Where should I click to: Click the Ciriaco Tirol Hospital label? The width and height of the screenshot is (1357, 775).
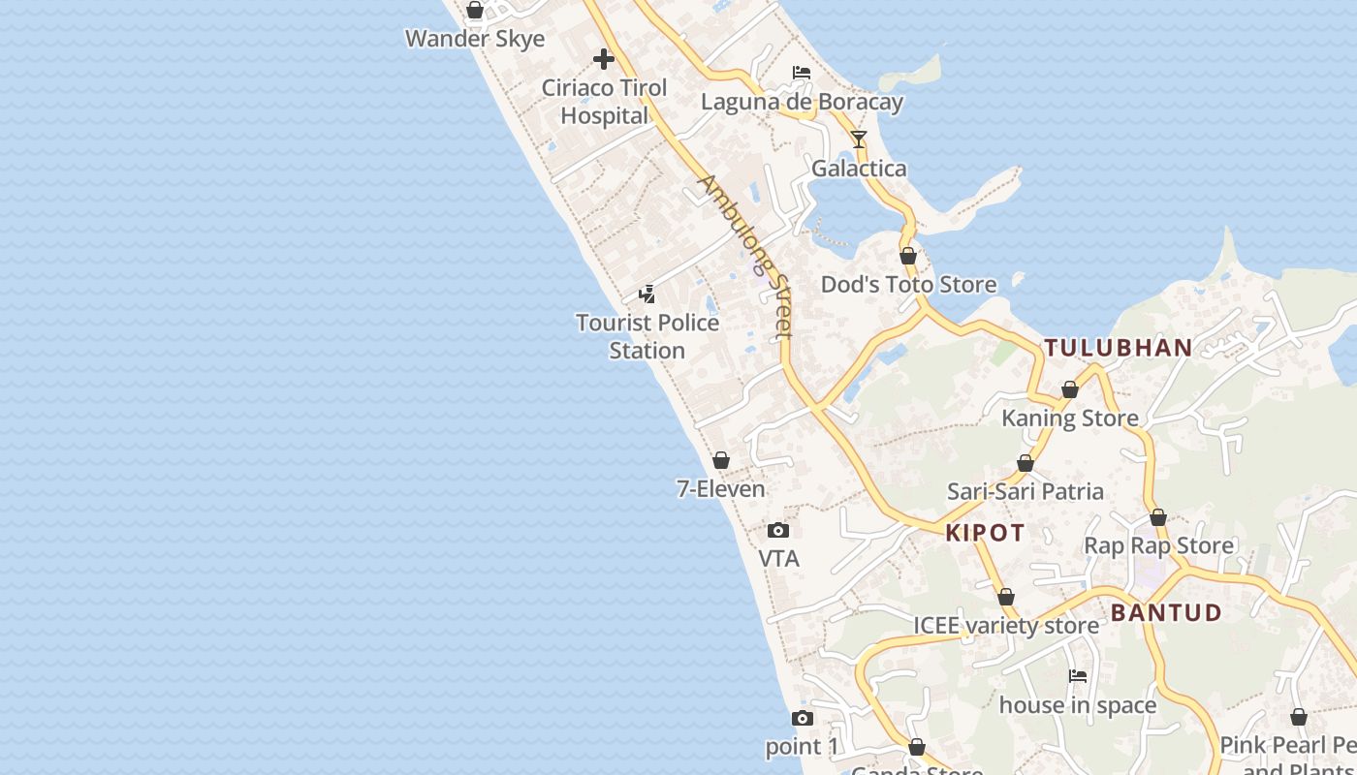pyautogui.click(x=604, y=102)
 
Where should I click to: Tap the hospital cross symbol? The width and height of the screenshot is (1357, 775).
pyautogui.click(x=604, y=59)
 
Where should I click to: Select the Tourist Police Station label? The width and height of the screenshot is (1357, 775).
pyautogui.click(x=647, y=336)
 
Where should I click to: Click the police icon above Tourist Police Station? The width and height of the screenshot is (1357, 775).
pyautogui.click(x=647, y=294)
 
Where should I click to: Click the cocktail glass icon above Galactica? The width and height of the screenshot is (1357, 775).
pyautogui.click(x=858, y=139)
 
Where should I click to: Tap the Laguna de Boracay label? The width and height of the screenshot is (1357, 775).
pyautogui.click(x=802, y=102)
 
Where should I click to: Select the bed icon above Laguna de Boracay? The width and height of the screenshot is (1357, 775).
pyautogui.click(x=802, y=73)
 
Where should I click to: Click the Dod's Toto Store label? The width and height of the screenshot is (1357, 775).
pyautogui.click(x=908, y=284)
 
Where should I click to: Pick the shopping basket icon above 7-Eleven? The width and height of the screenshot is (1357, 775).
pyautogui.click(x=720, y=460)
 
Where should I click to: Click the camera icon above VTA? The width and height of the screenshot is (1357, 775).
pyautogui.click(x=778, y=530)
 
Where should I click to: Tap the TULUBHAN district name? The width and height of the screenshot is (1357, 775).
pyautogui.click(x=1118, y=348)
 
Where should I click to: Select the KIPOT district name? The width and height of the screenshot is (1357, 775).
pyautogui.click(x=985, y=533)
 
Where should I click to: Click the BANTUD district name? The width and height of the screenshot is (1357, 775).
pyautogui.click(x=1166, y=612)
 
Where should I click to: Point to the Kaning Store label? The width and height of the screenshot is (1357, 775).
pyautogui.click(x=1070, y=418)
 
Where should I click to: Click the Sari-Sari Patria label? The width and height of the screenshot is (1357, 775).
pyautogui.click(x=1026, y=491)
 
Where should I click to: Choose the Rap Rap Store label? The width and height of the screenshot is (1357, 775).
pyautogui.click(x=1158, y=545)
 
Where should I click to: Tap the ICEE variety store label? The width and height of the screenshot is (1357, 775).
pyautogui.click(x=1006, y=625)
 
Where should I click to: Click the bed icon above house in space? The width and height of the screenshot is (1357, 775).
pyautogui.click(x=1077, y=676)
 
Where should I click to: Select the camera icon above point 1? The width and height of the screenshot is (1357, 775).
pyautogui.click(x=802, y=718)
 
